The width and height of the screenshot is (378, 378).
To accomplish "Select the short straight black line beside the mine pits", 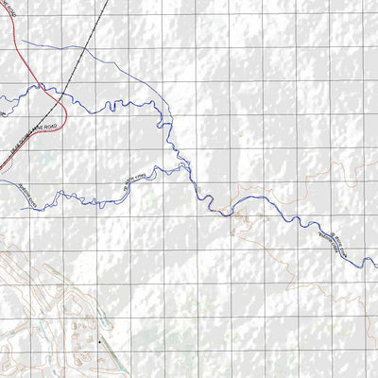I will click(x=112, y=358).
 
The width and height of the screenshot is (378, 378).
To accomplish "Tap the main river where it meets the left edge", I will click(x=2, y=97).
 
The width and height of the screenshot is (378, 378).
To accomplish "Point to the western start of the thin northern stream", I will click(x=19, y=41).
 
